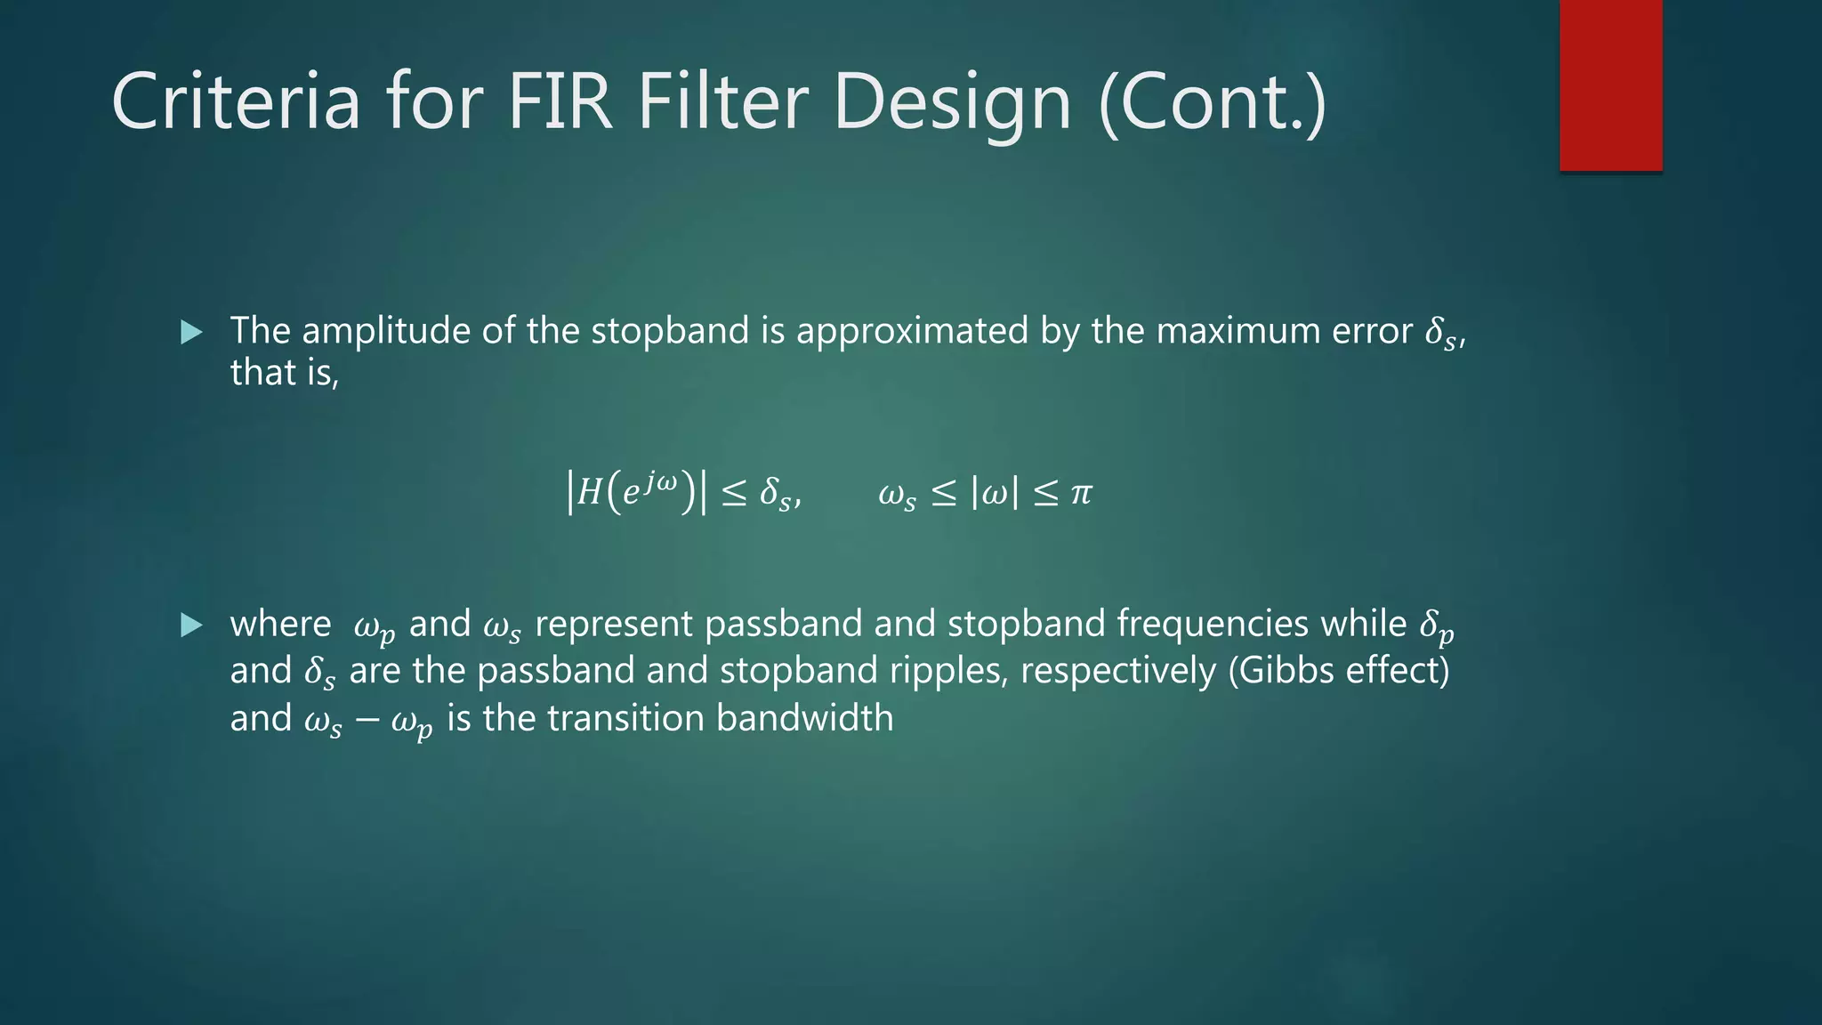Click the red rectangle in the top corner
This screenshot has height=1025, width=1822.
(1610, 85)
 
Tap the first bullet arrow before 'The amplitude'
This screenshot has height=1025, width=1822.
(191, 333)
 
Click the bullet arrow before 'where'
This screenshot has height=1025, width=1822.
(191, 625)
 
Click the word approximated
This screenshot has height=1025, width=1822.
(912, 331)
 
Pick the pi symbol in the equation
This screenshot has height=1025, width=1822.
(1081, 492)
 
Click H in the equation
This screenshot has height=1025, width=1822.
(589, 492)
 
